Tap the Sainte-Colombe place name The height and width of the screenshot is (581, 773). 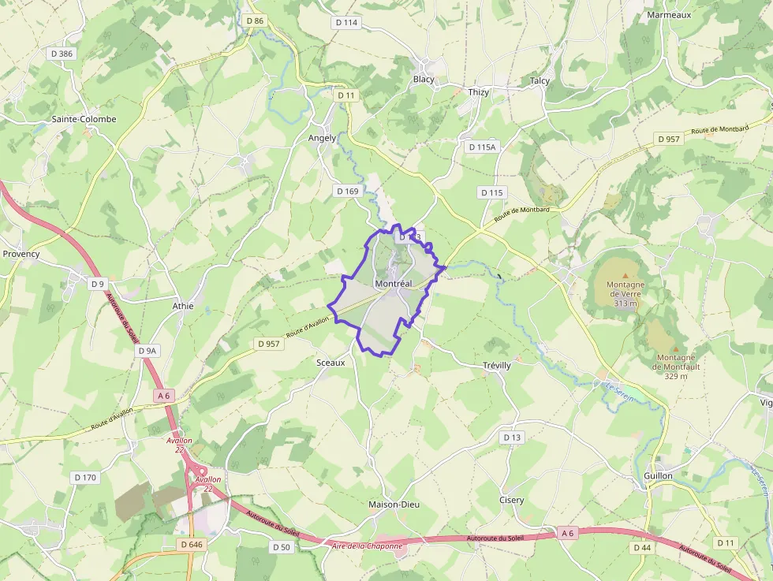point(84,119)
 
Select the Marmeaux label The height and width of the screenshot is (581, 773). point(669,14)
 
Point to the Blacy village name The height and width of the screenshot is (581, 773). point(424,80)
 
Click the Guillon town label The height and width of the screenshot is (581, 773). point(658,475)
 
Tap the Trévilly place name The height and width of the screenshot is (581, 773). point(497,366)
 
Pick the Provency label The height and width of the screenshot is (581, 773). point(21,254)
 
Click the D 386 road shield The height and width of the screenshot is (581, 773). point(61,54)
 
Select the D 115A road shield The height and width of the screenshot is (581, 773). point(482,147)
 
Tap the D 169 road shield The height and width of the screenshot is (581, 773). point(347,191)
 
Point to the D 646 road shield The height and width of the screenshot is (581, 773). point(192,544)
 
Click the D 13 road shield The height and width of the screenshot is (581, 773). point(512,437)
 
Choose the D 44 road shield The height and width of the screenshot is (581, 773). point(641,546)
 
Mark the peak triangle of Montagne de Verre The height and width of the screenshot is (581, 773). point(625,275)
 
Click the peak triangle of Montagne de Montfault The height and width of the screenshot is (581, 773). point(675,348)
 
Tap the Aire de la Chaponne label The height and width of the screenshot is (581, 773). point(368,546)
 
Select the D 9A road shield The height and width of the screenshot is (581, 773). point(148,350)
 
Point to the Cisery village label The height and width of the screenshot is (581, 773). point(511,500)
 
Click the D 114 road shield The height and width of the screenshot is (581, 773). point(346,23)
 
